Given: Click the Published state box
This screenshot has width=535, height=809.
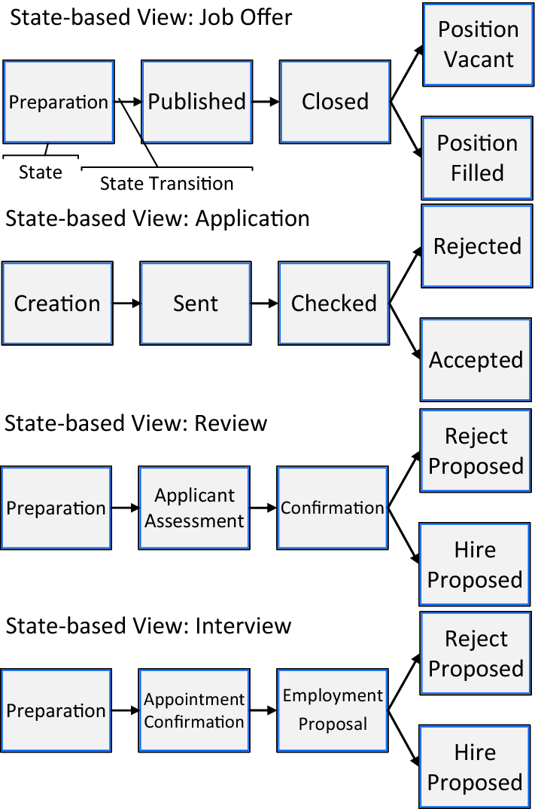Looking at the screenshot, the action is coord(197,102).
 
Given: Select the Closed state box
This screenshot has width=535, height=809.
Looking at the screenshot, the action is coord(335,102).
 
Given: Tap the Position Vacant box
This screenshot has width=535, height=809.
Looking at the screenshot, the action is coord(478,44).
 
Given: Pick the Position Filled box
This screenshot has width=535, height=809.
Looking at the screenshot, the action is coord(477,158).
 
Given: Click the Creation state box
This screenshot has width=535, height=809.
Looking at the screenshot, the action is coord(57,304).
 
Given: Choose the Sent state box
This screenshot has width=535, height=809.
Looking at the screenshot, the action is coord(196,304).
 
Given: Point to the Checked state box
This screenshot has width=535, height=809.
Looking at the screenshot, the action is coord(334,304).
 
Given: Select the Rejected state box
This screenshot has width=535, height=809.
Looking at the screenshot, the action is coord(477,246).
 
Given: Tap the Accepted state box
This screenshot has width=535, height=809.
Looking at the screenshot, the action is coord(476,359).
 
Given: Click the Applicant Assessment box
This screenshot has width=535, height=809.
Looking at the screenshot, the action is coord(194,508).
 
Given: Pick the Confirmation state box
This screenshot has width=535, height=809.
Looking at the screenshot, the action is coord(333,508).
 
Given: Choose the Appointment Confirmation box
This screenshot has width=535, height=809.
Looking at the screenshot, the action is coord(194,710).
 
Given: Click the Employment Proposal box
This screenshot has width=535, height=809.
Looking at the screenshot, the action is coord(333,710).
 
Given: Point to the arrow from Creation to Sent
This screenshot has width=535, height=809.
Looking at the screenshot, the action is coord(126,304).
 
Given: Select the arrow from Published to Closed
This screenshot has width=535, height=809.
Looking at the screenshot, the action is coord(266,102).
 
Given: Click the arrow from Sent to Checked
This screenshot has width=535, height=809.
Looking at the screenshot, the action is coord(265,304).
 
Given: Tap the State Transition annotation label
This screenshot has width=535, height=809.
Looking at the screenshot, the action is coord(166,184).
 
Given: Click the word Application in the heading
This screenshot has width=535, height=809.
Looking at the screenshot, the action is coord(253,218).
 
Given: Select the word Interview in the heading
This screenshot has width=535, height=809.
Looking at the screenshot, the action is coord(243,626).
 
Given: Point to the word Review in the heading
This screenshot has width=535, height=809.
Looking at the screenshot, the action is coord(231,423).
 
